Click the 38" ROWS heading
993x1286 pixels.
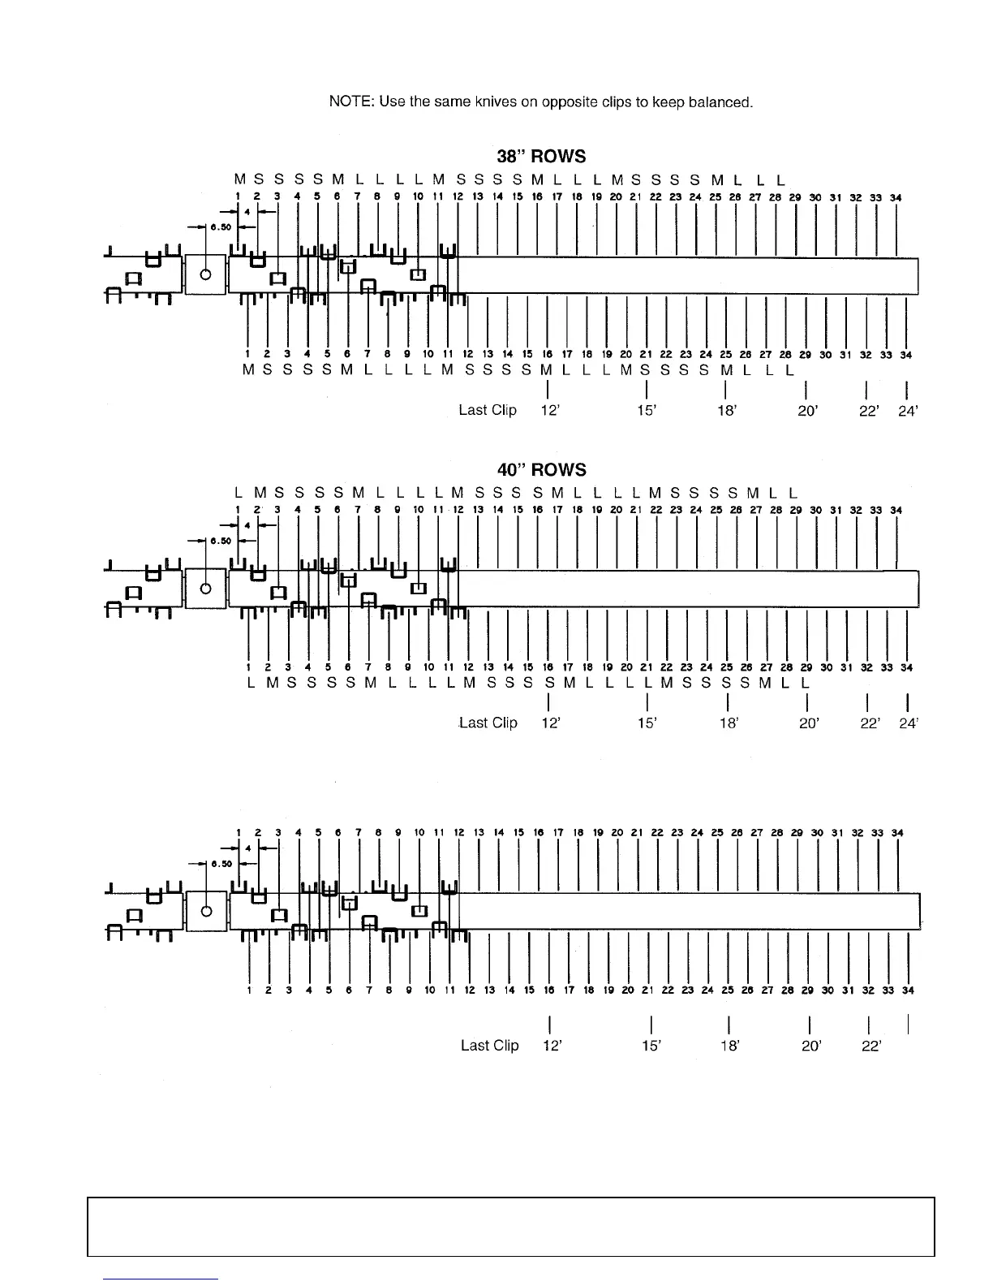click(x=541, y=156)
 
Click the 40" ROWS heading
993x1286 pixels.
click(x=541, y=470)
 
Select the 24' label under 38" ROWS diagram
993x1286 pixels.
click(x=908, y=411)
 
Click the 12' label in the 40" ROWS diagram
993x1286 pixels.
click(x=552, y=723)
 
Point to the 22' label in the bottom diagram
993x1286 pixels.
click(x=871, y=1046)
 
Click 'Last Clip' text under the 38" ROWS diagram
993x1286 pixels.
click(x=488, y=410)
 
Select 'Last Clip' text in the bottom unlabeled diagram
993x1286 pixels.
click(x=489, y=1045)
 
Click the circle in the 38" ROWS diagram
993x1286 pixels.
click(x=205, y=274)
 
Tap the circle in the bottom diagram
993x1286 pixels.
click(x=205, y=909)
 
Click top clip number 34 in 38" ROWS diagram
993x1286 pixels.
click(x=896, y=197)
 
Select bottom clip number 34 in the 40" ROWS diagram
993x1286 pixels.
click(x=906, y=667)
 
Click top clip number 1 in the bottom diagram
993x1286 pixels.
click(x=239, y=833)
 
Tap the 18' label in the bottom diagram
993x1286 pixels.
click(x=730, y=1046)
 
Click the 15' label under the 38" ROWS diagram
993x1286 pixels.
click(x=647, y=411)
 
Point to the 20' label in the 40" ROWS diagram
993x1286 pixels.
click(x=808, y=723)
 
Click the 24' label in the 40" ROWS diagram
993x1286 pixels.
click(x=908, y=723)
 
